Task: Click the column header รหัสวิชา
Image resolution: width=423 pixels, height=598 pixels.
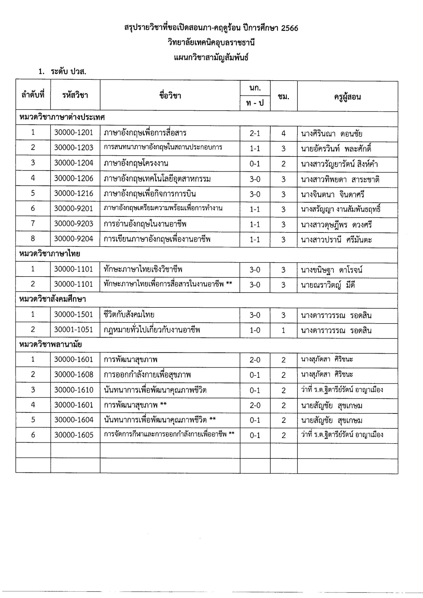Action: coord(75,95)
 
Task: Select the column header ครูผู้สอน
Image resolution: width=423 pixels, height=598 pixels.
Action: coord(347,97)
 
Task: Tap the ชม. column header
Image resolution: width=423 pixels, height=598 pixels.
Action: coord(283,97)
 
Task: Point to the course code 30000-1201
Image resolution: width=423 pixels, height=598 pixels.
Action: coord(74,133)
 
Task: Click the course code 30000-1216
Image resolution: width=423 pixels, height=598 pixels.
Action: coord(74,194)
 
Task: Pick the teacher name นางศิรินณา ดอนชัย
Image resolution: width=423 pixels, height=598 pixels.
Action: coord(331,134)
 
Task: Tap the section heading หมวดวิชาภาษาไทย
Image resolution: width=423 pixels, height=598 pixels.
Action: coord(50,254)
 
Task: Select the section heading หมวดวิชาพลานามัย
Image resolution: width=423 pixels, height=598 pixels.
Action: coord(50,345)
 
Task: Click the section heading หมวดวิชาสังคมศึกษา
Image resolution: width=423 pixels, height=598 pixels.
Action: coord(53,299)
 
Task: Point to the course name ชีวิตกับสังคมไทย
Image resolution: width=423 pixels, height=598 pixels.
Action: coord(129,315)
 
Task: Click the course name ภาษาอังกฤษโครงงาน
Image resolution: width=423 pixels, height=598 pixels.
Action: coord(136,163)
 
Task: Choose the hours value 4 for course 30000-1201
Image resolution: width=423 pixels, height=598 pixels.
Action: coord(283,134)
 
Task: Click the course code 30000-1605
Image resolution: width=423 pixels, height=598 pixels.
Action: coord(74,435)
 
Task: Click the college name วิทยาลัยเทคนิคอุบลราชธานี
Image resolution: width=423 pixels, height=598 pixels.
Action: coord(211,43)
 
